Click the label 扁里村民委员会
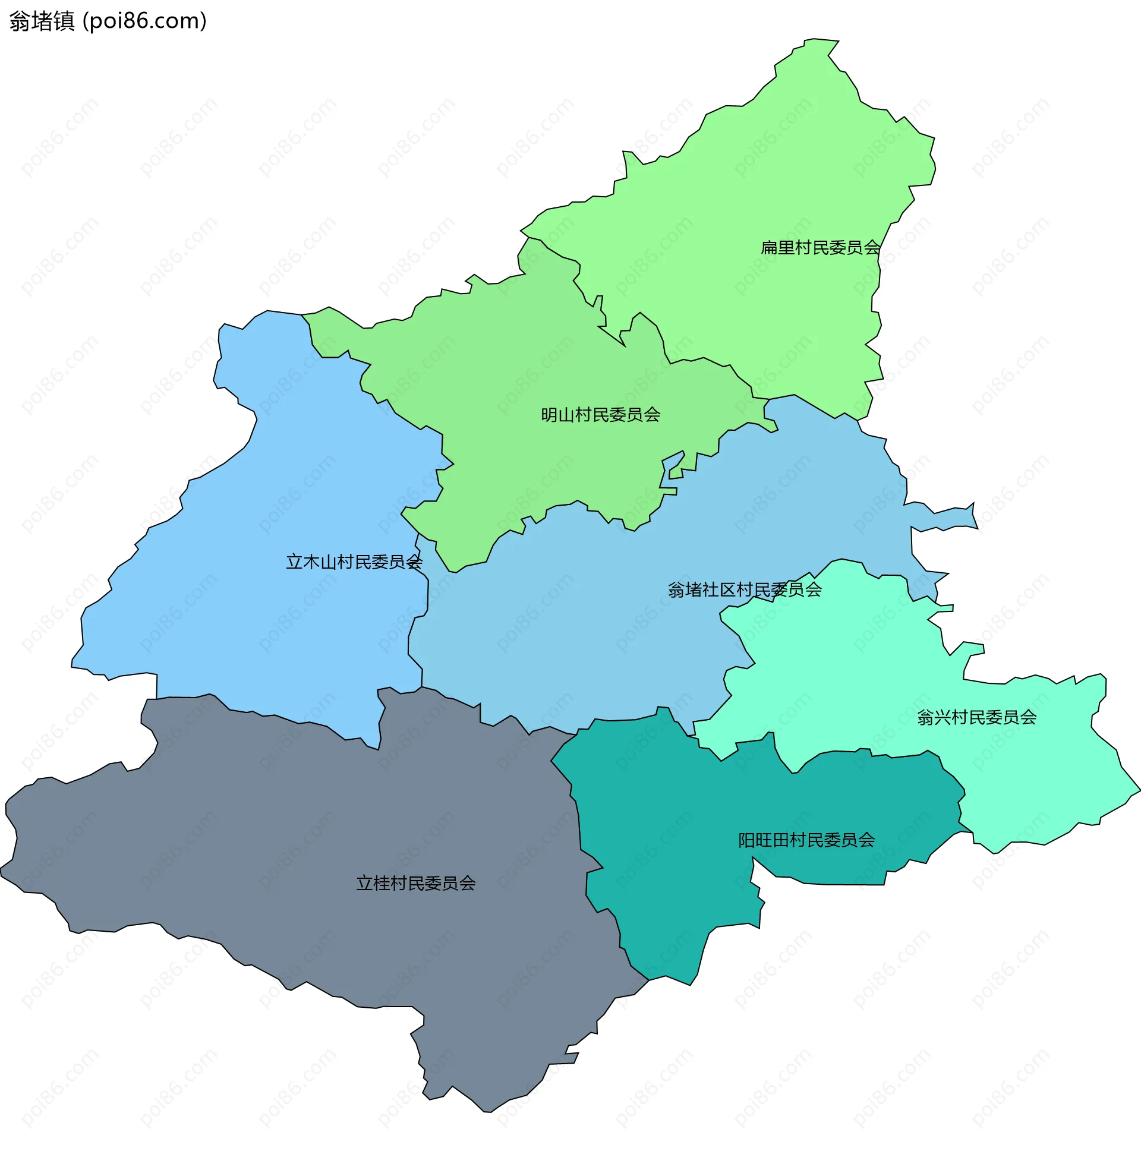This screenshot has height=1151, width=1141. click(x=820, y=247)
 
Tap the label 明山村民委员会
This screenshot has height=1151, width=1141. click(x=600, y=415)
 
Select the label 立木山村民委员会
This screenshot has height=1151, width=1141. click(x=354, y=562)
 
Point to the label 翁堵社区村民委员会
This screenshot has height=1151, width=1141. click(x=744, y=590)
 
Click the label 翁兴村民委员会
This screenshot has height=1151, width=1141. click(x=976, y=717)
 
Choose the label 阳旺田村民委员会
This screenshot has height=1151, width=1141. click(x=806, y=840)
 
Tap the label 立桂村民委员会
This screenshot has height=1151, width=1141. click(x=415, y=883)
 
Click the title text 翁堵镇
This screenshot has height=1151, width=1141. click(x=42, y=21)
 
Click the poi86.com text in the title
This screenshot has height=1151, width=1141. click(x=145, y=21)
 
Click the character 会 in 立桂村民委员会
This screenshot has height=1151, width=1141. click(x=467, y=883)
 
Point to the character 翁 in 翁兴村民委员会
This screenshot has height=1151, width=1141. click(x=925, y=717)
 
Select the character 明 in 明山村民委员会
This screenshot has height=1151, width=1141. click(x=549, y=415)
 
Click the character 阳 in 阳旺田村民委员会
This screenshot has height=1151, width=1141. click(x=746, y=840)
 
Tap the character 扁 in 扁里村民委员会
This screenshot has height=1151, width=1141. click(x=768, y=247)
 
